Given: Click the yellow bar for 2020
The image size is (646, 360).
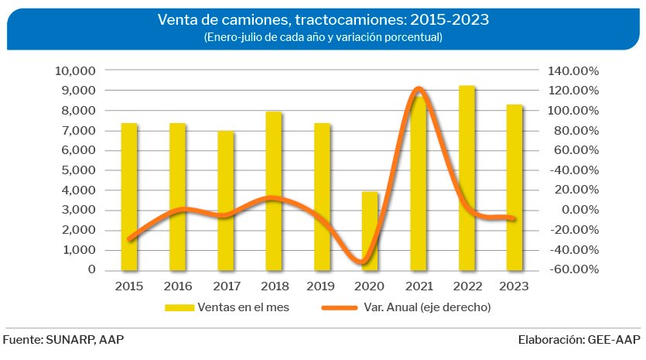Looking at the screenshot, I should (371, 231).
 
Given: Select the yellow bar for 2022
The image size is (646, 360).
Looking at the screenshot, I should (467, 178).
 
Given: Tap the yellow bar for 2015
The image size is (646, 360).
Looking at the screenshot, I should (129, 197).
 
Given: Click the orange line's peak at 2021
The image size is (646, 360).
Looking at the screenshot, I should (419, 90).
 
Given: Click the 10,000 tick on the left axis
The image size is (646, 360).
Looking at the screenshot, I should (75, 70).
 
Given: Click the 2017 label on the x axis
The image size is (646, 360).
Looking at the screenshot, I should (226, 285).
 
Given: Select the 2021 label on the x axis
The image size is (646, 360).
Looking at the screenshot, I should (419, 285).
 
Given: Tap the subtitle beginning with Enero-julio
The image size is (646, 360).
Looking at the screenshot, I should (323, 37).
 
